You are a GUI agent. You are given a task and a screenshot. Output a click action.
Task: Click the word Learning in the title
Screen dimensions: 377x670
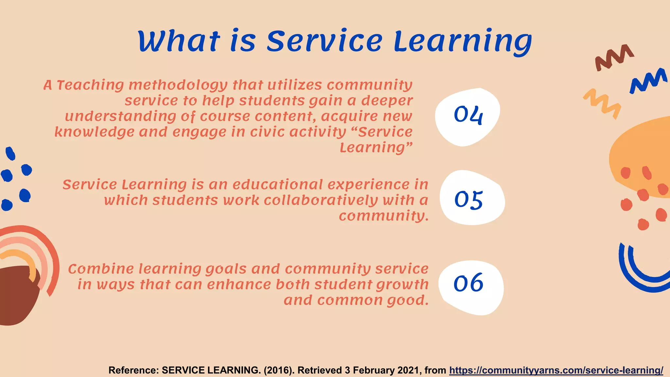463,42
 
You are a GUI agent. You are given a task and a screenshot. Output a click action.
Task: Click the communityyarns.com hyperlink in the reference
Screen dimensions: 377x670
556,370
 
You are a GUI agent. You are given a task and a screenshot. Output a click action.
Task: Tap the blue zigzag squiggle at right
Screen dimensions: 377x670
648,81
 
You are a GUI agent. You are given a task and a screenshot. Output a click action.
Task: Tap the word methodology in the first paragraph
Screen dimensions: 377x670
178,85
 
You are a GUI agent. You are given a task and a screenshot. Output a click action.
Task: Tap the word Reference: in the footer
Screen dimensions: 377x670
133,370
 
